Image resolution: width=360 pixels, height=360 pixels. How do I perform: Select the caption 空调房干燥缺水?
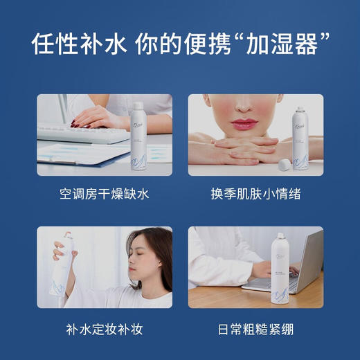point(104,195)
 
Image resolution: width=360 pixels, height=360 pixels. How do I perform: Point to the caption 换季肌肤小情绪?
point(255,195)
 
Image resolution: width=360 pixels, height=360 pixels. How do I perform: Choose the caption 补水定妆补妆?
point(104,328)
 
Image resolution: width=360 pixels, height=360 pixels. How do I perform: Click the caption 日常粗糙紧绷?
point(255,328)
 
